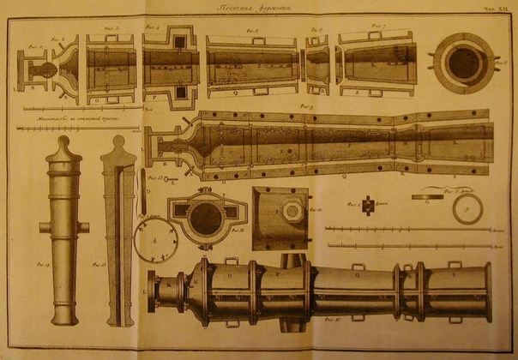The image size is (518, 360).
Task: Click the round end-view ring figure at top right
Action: [463, 64]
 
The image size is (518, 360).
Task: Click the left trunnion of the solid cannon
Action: [43, 227]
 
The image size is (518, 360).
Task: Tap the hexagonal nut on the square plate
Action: [293, 211]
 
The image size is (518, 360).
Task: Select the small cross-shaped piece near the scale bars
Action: [367, 206]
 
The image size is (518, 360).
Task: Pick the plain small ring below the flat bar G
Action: [467, 210]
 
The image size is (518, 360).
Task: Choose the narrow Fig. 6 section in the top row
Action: [318, 66]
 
